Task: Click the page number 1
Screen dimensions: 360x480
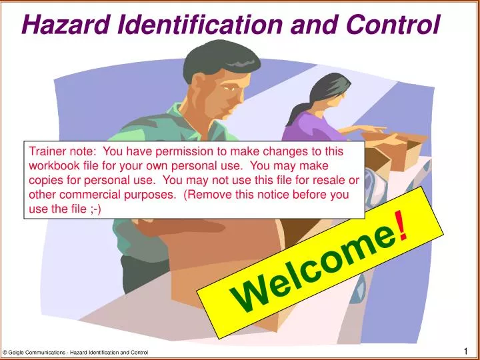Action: pyautogui.click(x=466, y=351)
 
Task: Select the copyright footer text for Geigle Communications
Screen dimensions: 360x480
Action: pyautogui.click(x=75, y=352)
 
